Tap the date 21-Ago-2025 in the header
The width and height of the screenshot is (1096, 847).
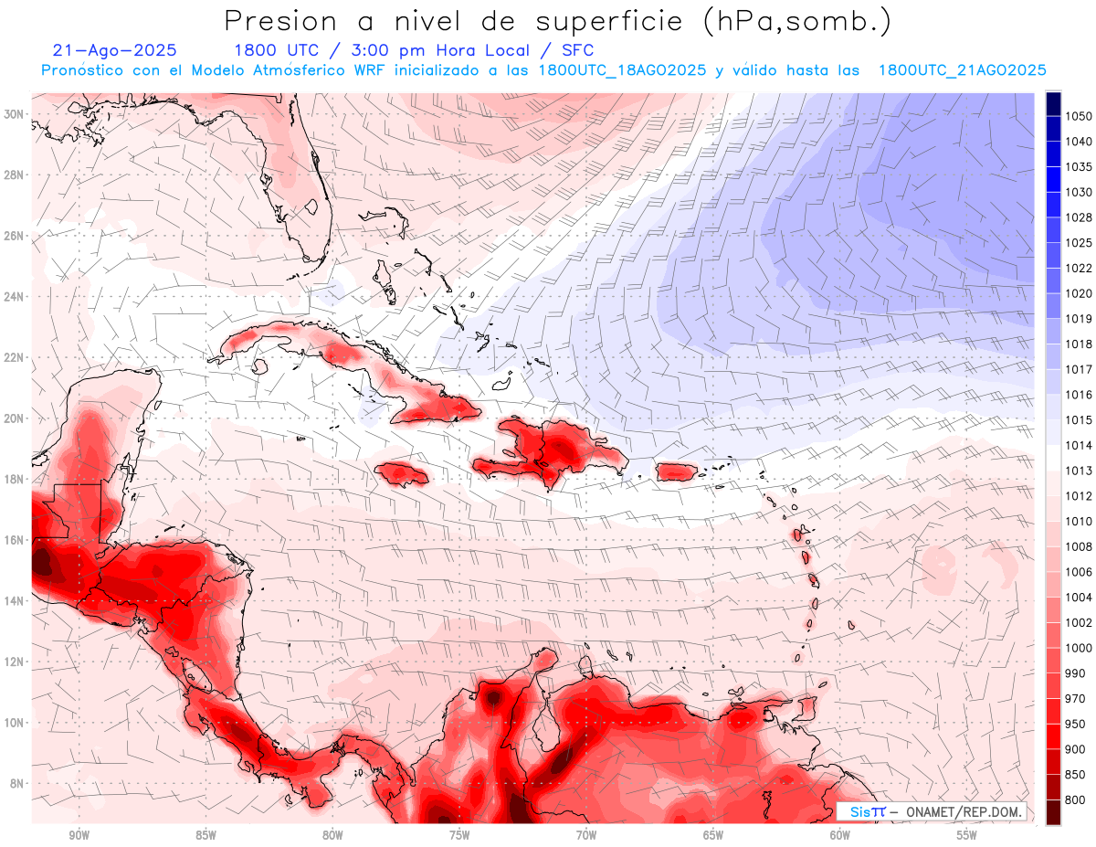point(115,50)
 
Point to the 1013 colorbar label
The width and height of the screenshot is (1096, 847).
point(1079,471)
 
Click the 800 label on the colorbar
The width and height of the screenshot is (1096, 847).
point(1075,799)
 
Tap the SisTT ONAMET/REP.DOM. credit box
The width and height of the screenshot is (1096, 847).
point(932,811)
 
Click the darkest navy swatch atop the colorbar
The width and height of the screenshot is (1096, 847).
point(1053,103)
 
